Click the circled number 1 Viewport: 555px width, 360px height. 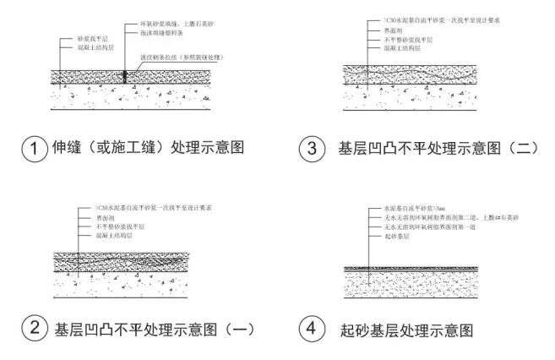(x=32, y=148)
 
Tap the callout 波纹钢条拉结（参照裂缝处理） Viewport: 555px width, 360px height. (x=181, y=57)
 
